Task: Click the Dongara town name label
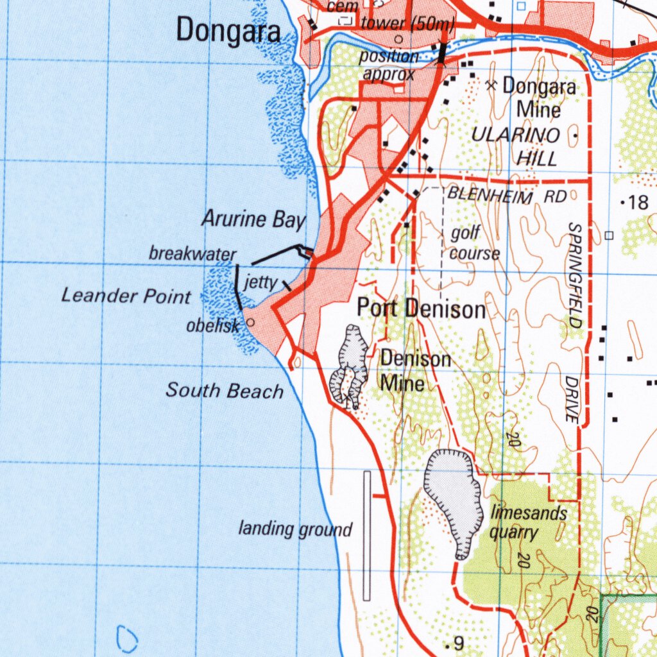point(228,31)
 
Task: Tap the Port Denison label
point(421,309)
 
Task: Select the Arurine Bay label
point(253,219)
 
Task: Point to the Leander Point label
point(126,296)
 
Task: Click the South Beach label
point(225,390)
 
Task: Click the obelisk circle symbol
point(250,323)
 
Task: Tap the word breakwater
point(192,254)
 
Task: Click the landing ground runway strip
point(367,536)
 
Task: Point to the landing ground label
point(295,529)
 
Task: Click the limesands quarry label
point(520,522)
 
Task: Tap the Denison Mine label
point(415,371)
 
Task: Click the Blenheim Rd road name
point(507,195)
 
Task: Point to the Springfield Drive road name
point(573,321)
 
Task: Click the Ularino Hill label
point(516,146)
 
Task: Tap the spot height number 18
point(639,203)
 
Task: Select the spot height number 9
point(458,643)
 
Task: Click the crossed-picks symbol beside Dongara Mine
point(492,85)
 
